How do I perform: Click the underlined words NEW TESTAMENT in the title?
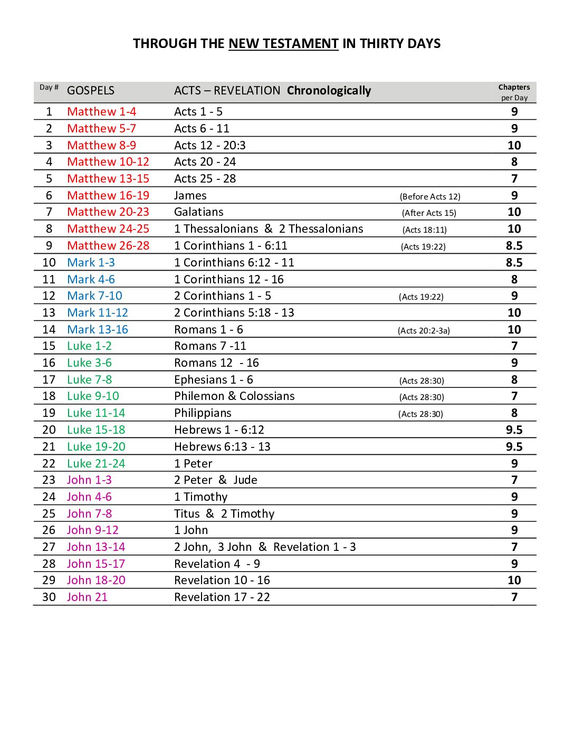coord(283,44)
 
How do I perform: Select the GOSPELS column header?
coord(91,91)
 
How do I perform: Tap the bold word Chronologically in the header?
coord(329,91)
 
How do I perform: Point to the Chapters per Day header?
coord(514,92)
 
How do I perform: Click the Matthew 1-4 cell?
coord(102,112)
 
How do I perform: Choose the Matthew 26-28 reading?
coord(108,246)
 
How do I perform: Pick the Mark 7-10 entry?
coord(95,296)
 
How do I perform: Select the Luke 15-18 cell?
coord(96,430)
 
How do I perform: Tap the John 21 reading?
coord(87,597)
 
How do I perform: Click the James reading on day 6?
coord(190,196)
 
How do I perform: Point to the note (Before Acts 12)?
coord(430,197)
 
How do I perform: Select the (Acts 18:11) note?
coord(425,230)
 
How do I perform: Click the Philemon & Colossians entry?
coord(234,396)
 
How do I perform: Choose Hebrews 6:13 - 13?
coord(222,447)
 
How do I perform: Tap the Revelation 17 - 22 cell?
coord(222,597)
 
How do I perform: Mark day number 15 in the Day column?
coord(49,346)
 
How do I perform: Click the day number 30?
coord(49,597)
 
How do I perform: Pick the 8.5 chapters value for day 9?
coord(514,246)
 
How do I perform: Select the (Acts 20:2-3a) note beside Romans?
coord(424,331)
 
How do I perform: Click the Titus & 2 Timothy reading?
coord(224,514)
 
